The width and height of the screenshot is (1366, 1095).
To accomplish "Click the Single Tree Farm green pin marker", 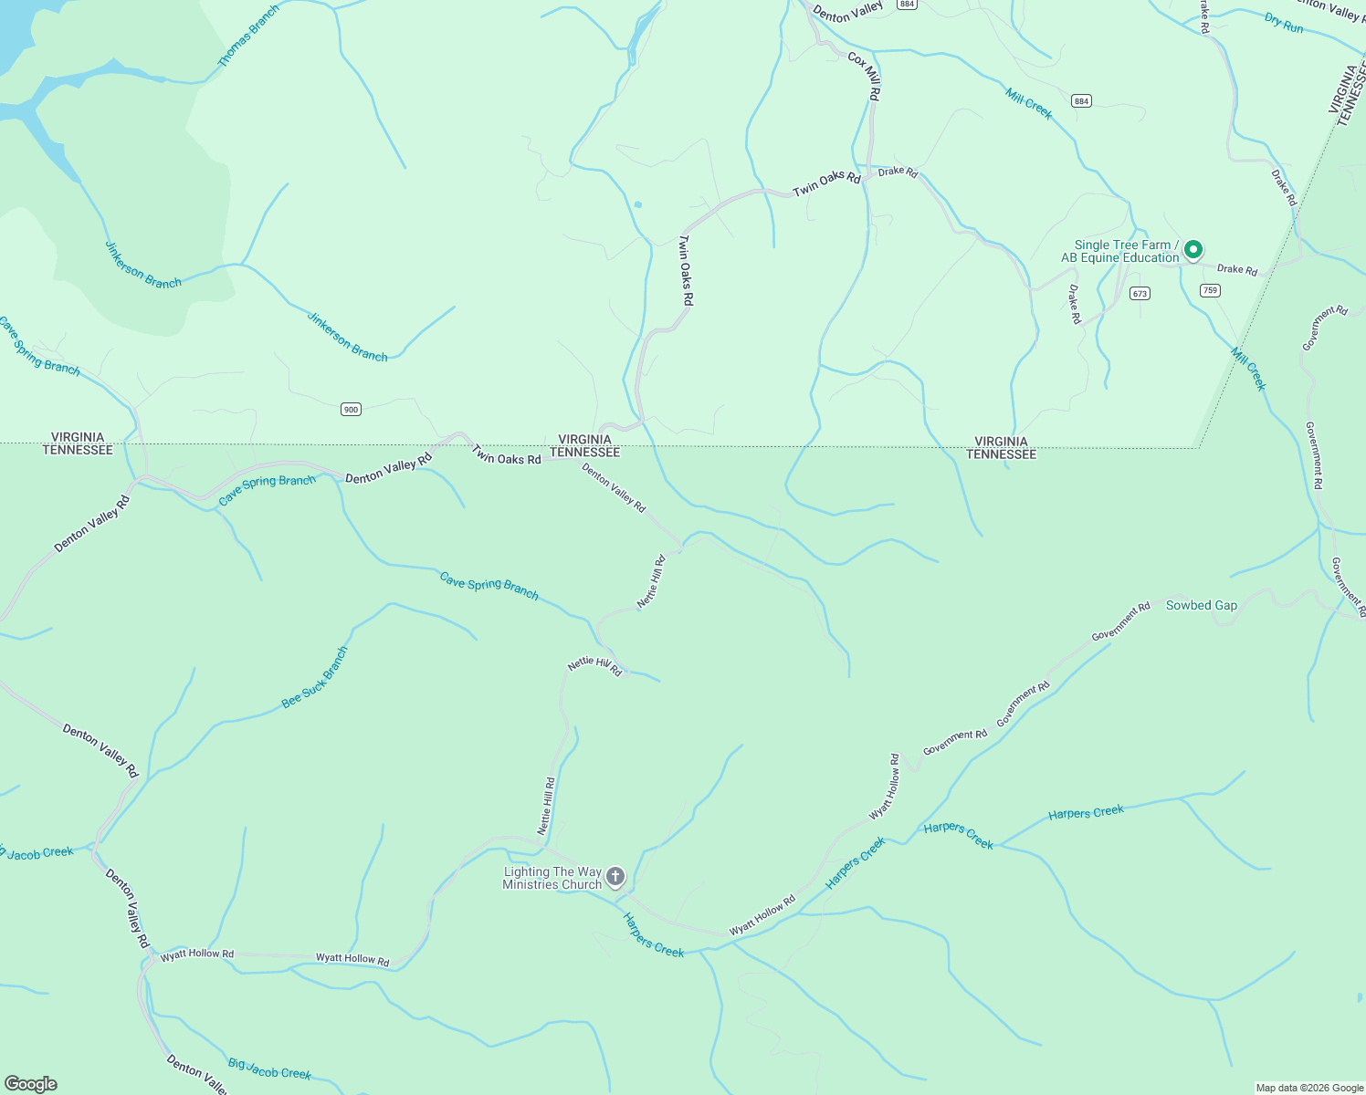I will [1193, 250].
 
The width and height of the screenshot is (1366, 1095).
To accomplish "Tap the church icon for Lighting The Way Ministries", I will [615, 878].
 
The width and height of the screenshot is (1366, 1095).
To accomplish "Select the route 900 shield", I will [351, 410].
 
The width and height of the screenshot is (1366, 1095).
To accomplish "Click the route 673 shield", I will [1139, 294].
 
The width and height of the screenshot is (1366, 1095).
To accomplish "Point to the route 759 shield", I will [1210, 291].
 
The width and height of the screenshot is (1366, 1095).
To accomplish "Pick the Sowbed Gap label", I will [1201, 606].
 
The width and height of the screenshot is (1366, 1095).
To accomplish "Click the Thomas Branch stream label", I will [248, 36].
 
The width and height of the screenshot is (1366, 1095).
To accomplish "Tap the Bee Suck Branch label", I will [315, 677].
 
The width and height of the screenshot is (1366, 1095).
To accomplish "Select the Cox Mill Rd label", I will [864, 76].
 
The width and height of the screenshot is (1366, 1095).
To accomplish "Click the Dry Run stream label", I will [1284, 23].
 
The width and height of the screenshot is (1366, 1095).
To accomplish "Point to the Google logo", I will [30, 1084].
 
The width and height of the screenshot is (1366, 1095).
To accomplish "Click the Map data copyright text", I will [1308, 1088].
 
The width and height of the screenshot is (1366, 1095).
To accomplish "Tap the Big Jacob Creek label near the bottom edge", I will [269, 1069].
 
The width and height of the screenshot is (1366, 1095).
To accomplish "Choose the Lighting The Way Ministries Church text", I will [552, 878].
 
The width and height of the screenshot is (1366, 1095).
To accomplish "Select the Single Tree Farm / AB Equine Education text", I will [1121, 251].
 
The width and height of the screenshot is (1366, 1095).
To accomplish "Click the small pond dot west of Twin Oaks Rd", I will [637, 204].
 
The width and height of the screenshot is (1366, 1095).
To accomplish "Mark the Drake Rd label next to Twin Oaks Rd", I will [898, 172].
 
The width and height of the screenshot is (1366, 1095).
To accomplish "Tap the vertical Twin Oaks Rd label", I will [686, 270].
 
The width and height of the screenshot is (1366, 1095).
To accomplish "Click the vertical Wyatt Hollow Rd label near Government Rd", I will [884, 787].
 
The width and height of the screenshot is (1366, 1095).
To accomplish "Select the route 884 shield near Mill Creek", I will [1081, 101].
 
